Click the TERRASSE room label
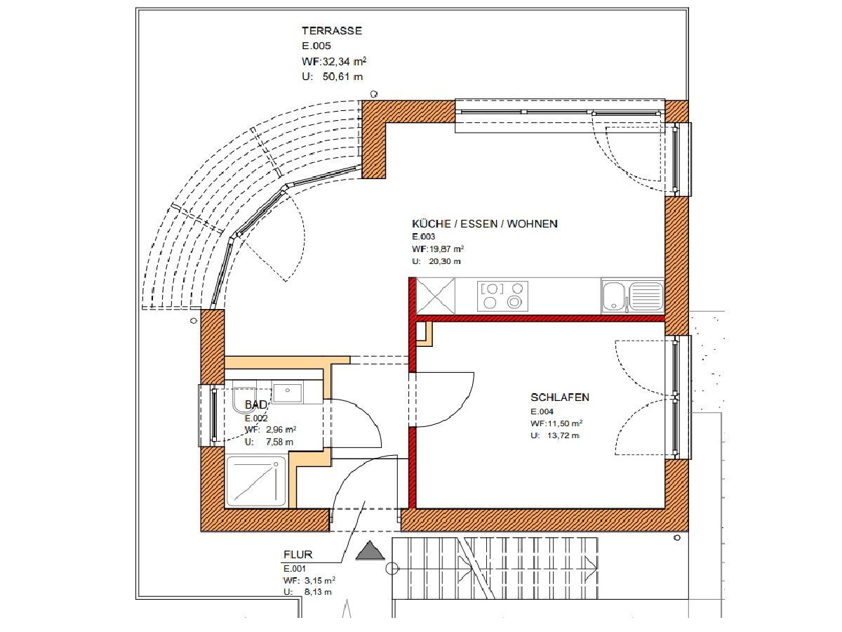tap(332, 31)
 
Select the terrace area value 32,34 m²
tap(345, 61)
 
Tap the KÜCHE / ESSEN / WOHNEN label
tap(485, 224)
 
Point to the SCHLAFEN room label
tap(560, 397)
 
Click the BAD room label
tap(256, 404)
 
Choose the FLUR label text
tap(298, 555)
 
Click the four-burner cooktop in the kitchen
tap(502, 296)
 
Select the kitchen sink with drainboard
tap(633, 296)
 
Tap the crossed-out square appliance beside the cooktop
tap(436, 296)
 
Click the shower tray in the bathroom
tap(256, 481)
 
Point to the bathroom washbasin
tap(287, 392)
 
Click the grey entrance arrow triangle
tap(370, 551)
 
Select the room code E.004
tap(542, 412)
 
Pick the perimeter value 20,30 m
tap(445, 262)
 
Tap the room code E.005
tap(316, 46)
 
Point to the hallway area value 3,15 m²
tap(320, 580)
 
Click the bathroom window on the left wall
tap(212, 415)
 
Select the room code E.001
tap(295, 569)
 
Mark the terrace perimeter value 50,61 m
tap(342, 77)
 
